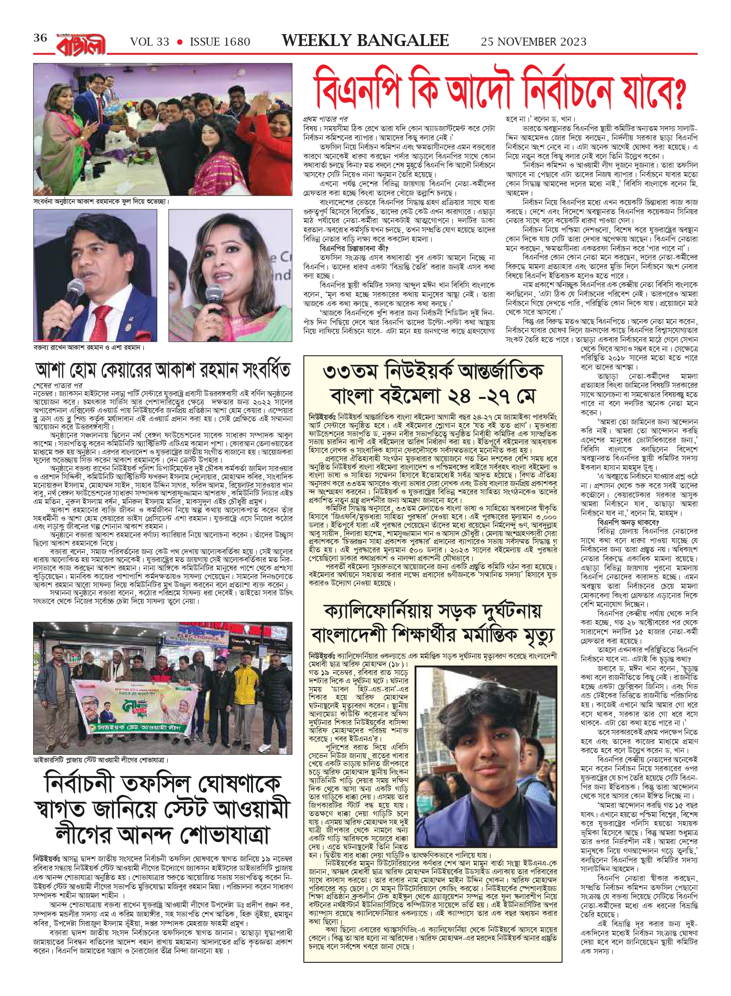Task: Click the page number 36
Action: [40, 38]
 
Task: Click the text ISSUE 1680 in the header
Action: [220, 42]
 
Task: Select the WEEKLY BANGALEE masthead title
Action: [365, 41]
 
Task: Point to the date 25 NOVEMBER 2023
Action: [533, 42]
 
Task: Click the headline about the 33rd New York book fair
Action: [433, 382]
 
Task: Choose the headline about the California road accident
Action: [432, 624]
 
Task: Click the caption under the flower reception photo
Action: [101, 201]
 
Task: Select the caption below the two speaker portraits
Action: [89, 347]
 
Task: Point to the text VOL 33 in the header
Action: [149, 42]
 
